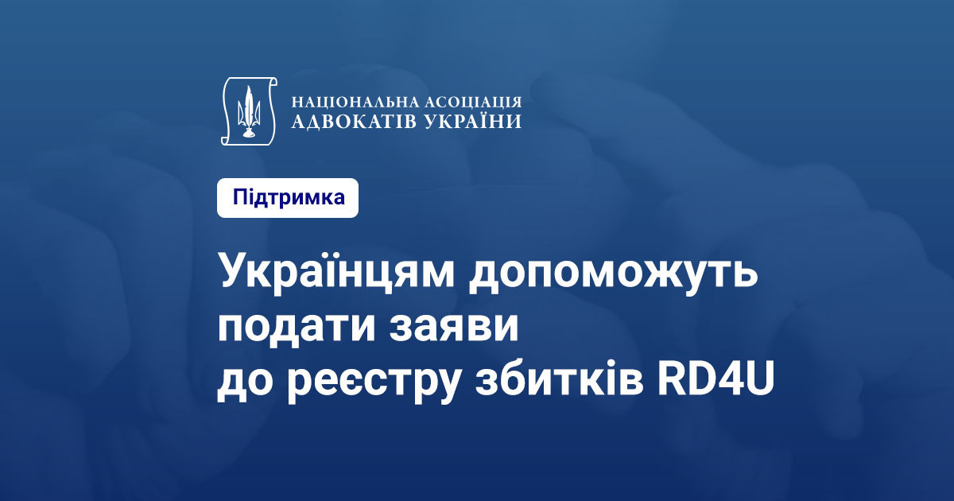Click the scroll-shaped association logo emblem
[249, 111]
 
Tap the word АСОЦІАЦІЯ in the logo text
[475, 102]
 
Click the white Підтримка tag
[288, 198]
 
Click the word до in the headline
[245, 383]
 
